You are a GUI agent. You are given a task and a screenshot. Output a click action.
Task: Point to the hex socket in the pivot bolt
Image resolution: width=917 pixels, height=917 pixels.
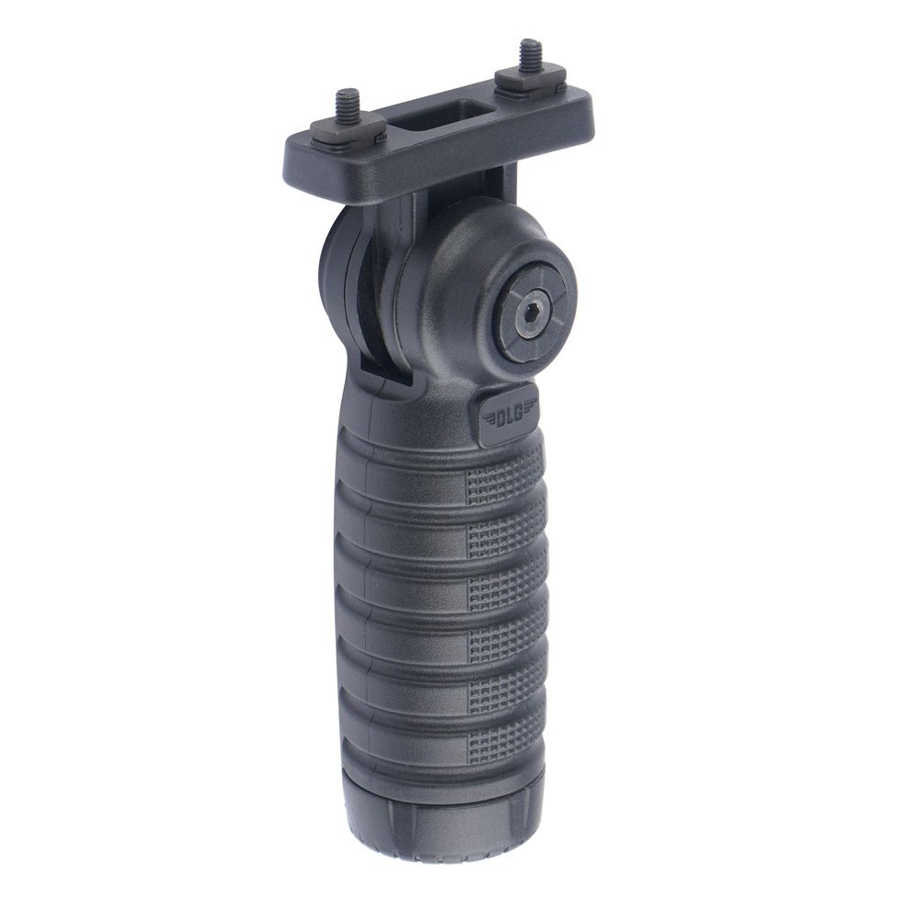pyautogui.click(x=529, y=317)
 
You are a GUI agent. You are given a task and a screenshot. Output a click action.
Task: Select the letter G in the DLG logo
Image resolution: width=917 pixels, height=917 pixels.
pyautogui.click(x=520, y=414)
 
